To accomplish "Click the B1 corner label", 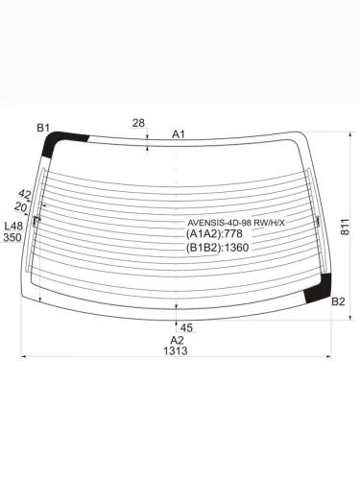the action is tap(43, 128).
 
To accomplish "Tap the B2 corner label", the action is tap(338, 301).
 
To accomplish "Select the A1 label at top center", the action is tap(179, 134).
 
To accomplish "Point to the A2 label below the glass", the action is tap(177, 340).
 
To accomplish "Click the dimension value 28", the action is tap(138, 123).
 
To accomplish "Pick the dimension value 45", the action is tap(186, 327).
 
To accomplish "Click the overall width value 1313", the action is tap(176, 350).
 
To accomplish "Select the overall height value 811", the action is tap(345, 227).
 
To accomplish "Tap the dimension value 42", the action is tap(25, 194).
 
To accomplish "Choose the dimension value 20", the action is tap(21, 207).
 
